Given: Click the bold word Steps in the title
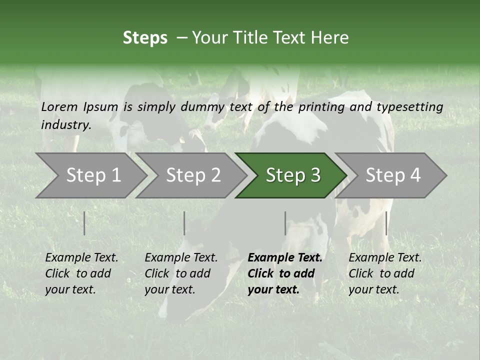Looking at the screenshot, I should click(145, 38).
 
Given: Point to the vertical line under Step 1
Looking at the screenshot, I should click(84, 223).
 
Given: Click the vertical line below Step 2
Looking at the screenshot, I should click(184, 223).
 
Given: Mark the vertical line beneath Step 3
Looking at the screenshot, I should click(285, 223).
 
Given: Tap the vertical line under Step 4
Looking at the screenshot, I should click(386, 223).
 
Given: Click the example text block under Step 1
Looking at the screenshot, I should click(81, 273).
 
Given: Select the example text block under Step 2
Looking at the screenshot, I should click(181, 273).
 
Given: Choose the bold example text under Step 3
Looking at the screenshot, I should click(284, 273).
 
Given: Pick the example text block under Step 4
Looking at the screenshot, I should click(385, 273).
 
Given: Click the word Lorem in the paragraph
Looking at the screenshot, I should click(59, 106).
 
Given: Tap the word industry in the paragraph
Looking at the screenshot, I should click(65, 125).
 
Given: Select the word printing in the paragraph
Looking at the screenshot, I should click(321, 107).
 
